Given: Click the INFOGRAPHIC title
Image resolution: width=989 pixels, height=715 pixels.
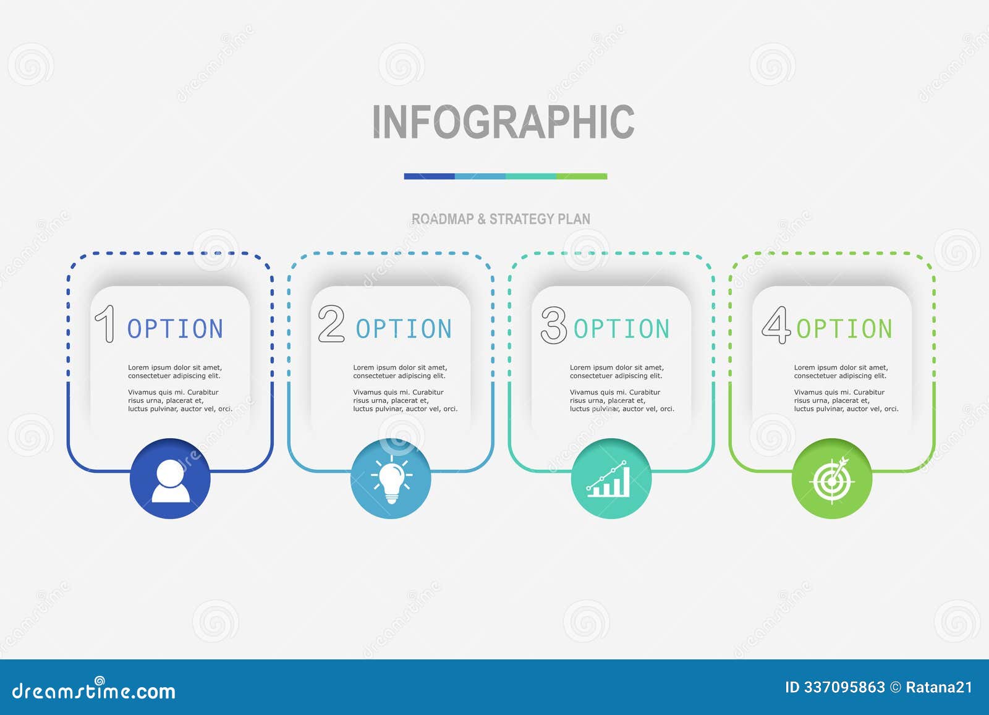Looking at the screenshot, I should pyautogui.click(x=503, y=121).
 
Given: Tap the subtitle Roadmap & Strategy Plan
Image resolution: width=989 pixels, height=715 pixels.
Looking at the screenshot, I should pyautogui.click(x=501, y=219).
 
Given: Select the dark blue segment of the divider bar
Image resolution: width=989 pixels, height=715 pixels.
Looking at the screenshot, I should pyautogui.click(x=429, y=176).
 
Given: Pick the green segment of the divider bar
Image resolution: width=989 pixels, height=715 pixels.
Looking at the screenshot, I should pyautogui.click(x=582, y=176).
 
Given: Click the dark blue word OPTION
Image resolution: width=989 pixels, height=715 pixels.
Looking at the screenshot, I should pyautogui.click(x=175, y=329).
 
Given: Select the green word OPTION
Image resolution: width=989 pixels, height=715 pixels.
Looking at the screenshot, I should pyautogui.click(x=844, y=329).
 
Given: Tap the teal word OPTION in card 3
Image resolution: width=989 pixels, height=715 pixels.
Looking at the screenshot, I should pyautogui.click(x=621, y=329).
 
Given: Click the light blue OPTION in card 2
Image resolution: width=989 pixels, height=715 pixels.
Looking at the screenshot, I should pyautogui.click(x=404, y=329).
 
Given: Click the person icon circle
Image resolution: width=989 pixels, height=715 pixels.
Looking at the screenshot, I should pyautogui.click(x=171, y=479).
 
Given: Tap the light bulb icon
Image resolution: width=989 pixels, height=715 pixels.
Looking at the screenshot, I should pyautogui.click(x=391, y=479).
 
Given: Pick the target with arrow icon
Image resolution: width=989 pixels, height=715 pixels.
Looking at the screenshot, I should pyautogui.click(x=832, y=479).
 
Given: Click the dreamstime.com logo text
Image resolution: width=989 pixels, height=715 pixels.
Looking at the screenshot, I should pyautogui.click(x=94, y=690).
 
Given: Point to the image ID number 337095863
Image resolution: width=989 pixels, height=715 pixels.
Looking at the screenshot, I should pyautogui.click(x=844, y=687).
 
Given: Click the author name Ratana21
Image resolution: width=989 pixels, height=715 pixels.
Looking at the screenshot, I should pyautogui.click(x=939, y=687).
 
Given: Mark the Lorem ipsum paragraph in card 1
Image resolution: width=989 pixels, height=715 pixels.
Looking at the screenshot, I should pyautogui.click(x=180, y=388).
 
